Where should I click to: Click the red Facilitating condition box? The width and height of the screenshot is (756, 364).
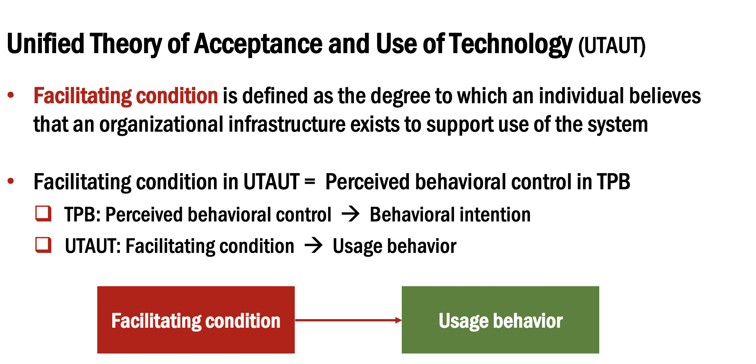(196, 319)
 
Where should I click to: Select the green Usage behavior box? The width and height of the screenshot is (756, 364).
(500, 319)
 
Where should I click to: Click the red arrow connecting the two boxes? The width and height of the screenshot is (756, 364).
(348, 320)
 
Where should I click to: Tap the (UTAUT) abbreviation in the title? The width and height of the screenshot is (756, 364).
(612, 46)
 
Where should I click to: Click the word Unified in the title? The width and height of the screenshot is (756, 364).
(46, 44)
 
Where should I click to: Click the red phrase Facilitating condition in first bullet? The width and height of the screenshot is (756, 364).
(126, 96)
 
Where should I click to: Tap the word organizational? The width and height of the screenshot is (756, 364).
(161, 125)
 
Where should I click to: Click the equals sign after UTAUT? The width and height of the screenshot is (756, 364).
(310, 182)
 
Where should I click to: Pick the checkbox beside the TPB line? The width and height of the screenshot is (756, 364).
(43, 214)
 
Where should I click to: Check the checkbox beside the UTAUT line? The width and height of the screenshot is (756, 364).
(43, 245)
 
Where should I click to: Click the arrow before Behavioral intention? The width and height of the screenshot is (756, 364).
(351, 214)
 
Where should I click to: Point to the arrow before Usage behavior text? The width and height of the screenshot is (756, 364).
(313, 246)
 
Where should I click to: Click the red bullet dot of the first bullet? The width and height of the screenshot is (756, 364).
(11, 95)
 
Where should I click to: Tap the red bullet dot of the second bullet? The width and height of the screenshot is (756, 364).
(11, 181)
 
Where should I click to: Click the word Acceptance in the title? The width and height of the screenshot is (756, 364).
(258, 44)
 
